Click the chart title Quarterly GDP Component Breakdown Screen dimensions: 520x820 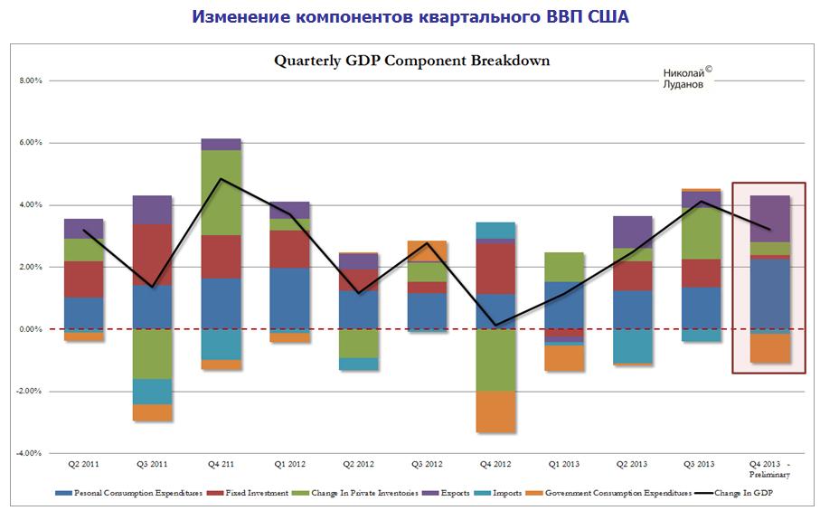click(411, 61)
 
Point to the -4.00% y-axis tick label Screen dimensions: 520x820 click(30, 453)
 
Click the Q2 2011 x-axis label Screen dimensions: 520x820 click(84, 464)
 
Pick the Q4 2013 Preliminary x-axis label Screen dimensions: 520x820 click(769, 468)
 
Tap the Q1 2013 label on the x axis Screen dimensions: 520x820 click(564, 464)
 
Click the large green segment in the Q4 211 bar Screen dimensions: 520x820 click(221, 192)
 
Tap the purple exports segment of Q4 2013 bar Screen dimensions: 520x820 click(769, 218)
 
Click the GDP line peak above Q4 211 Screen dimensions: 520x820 click(221, 179)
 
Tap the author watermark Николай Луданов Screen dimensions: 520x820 click(682, 78)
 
